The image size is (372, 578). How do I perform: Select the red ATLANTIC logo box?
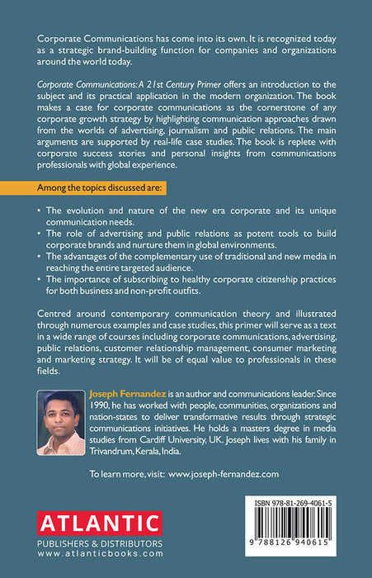pos(98,524)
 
